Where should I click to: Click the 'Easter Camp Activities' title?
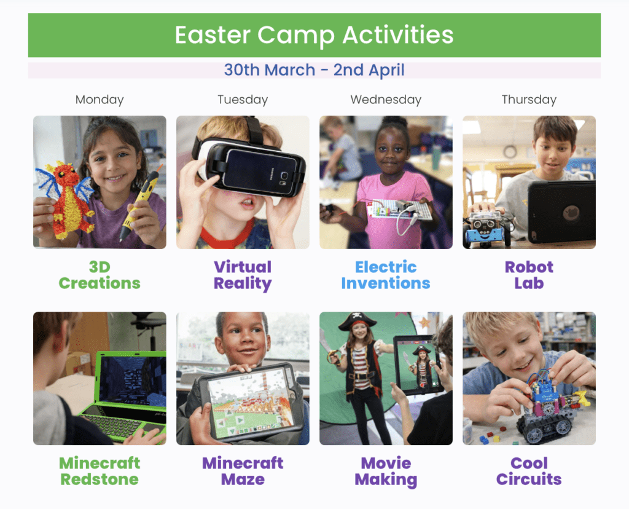pos(314,35)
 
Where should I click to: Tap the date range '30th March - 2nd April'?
pos(314,70)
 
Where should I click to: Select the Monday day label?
pos(100,100)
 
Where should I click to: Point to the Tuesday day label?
pos(243,100)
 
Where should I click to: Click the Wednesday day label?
pos(386,100)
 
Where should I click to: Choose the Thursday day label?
pos(529,100)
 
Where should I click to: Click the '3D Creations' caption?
pos(100,275)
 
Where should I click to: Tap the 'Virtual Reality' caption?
pos(243,275)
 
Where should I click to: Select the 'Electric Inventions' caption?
pos(386,275)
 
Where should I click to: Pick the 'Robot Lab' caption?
pos(529,275)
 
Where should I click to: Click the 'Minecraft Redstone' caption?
pos(100,472)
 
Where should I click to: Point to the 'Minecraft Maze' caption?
pos(243,472)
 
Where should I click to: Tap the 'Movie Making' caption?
pos(386,472)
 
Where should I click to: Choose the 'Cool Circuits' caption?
pos(529,472)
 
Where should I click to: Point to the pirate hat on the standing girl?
pos(357,321)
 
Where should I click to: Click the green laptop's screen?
pos(133,381)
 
